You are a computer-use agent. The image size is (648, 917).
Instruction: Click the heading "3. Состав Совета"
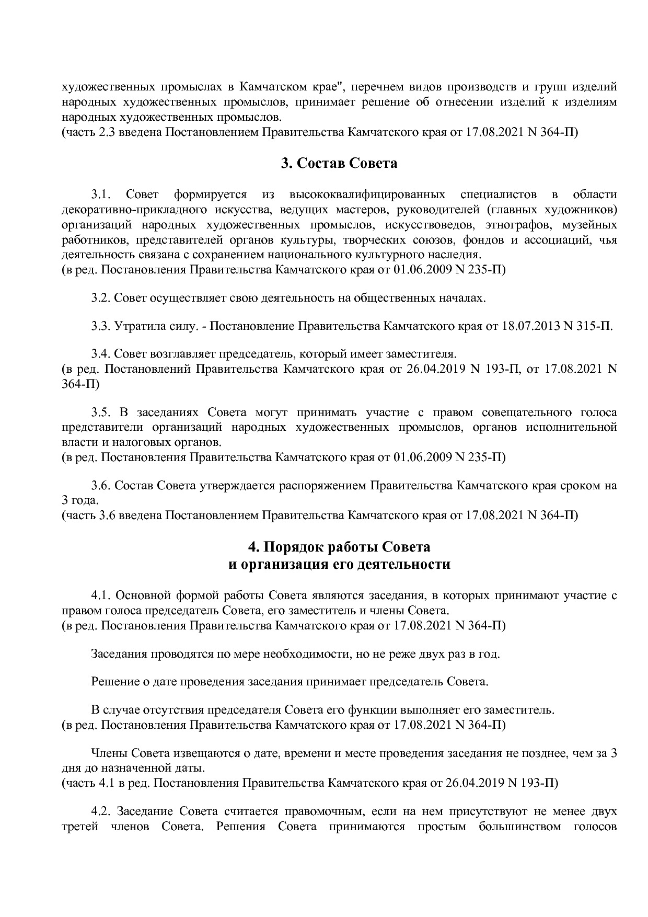click(339, 164)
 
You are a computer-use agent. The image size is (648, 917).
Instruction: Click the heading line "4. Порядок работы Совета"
click(339, 547)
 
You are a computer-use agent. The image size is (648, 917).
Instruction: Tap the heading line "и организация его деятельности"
click(339, 565)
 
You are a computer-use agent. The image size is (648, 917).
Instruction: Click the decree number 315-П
click(593, 326)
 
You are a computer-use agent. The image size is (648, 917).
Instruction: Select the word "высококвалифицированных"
click(367, 194)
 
